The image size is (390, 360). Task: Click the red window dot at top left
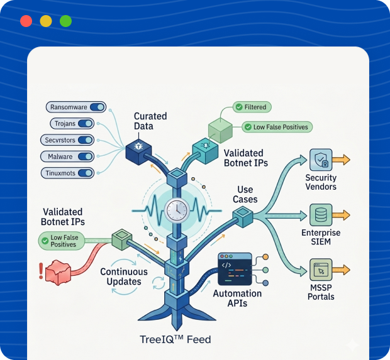[x=26, y=21]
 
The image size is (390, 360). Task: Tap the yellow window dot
[x=46, y=21]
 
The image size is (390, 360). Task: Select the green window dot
[x=65, y=21]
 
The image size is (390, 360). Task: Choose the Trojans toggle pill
[x=71, y=124]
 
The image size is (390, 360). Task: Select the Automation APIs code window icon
[x=234, y=269]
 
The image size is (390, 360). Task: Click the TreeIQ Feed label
[x=175, y=340]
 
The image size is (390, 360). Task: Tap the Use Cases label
[x=245, y=195]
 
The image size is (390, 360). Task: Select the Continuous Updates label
[x=124, y=276]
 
